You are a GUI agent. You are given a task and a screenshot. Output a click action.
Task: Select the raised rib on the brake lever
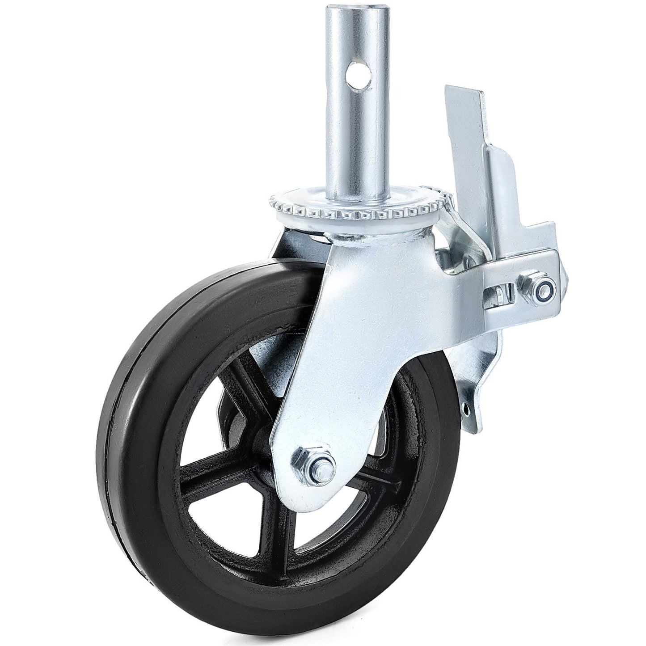tap(496, 179)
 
